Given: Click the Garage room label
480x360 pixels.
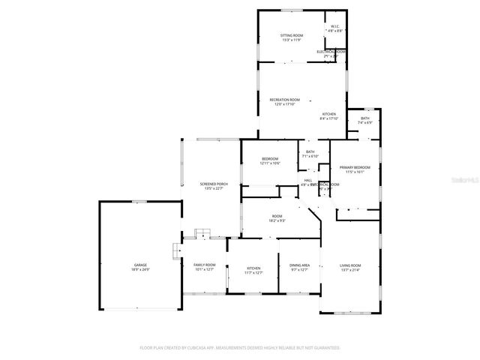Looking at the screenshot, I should [x=140, y=265].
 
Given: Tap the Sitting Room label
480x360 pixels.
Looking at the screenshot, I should [x=292, y=35].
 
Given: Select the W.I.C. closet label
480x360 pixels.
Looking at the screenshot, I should [x=335, y=28].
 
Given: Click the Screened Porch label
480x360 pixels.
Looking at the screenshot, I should [x=214, y=184].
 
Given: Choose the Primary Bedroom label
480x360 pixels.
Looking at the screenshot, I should [x=355, y=167].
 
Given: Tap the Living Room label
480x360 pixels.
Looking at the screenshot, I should [x=350, y=265].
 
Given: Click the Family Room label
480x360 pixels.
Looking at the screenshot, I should [x=205, y=265].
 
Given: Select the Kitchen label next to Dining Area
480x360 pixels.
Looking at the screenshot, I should [x=254, y=268].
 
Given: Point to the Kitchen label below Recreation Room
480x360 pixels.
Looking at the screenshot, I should [x=330, y=114].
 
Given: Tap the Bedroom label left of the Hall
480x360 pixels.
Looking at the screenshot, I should [x=270, y=159].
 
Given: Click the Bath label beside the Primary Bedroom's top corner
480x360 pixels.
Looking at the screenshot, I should [x=365, y=118].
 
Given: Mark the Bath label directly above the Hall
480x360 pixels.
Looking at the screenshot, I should [x=310, y=152].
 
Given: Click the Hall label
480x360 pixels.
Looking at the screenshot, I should [x=307, y=180].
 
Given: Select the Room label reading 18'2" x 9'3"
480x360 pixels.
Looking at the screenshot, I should [x=277, y=216].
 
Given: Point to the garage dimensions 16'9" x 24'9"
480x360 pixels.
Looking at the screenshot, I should [x=140, y=269].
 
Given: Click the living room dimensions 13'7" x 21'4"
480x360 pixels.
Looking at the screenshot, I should [x=350, y=270].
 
